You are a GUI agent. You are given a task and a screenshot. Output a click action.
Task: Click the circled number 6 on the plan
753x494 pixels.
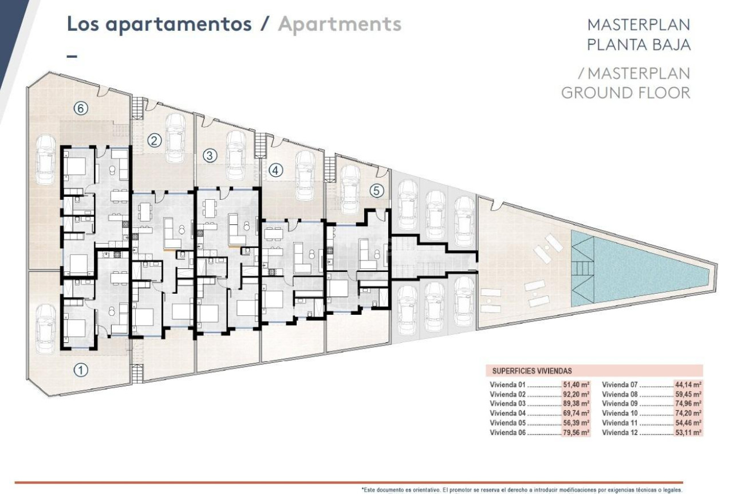click(81, 108)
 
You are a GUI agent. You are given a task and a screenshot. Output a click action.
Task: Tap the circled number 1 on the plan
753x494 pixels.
click(81, 370)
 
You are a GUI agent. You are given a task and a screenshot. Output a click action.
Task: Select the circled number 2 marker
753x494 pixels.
click(155, 140)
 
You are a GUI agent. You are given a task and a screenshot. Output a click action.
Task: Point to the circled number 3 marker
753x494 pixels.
click(210, 155)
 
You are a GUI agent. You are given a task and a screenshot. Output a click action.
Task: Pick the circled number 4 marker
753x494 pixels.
click(276, 170)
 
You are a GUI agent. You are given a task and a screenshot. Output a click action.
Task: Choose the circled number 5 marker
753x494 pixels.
click(376, 191)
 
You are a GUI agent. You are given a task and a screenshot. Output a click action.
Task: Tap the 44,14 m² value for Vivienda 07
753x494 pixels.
click(688, 385)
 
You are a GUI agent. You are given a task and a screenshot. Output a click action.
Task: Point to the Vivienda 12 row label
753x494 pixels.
click(620, 433)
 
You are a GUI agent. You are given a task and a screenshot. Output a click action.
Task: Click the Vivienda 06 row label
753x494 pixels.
click(507, 433)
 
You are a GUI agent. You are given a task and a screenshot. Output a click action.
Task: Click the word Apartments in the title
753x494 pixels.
click(340, 25)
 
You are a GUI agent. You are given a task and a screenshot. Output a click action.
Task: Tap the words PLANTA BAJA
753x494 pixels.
click(638, 45)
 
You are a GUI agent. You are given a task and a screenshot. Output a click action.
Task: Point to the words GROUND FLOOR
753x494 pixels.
click(625, 92)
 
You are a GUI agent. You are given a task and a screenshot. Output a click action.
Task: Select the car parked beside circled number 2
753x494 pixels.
click(175, 137)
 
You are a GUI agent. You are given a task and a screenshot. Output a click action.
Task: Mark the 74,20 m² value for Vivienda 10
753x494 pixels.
click(688, 413)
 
